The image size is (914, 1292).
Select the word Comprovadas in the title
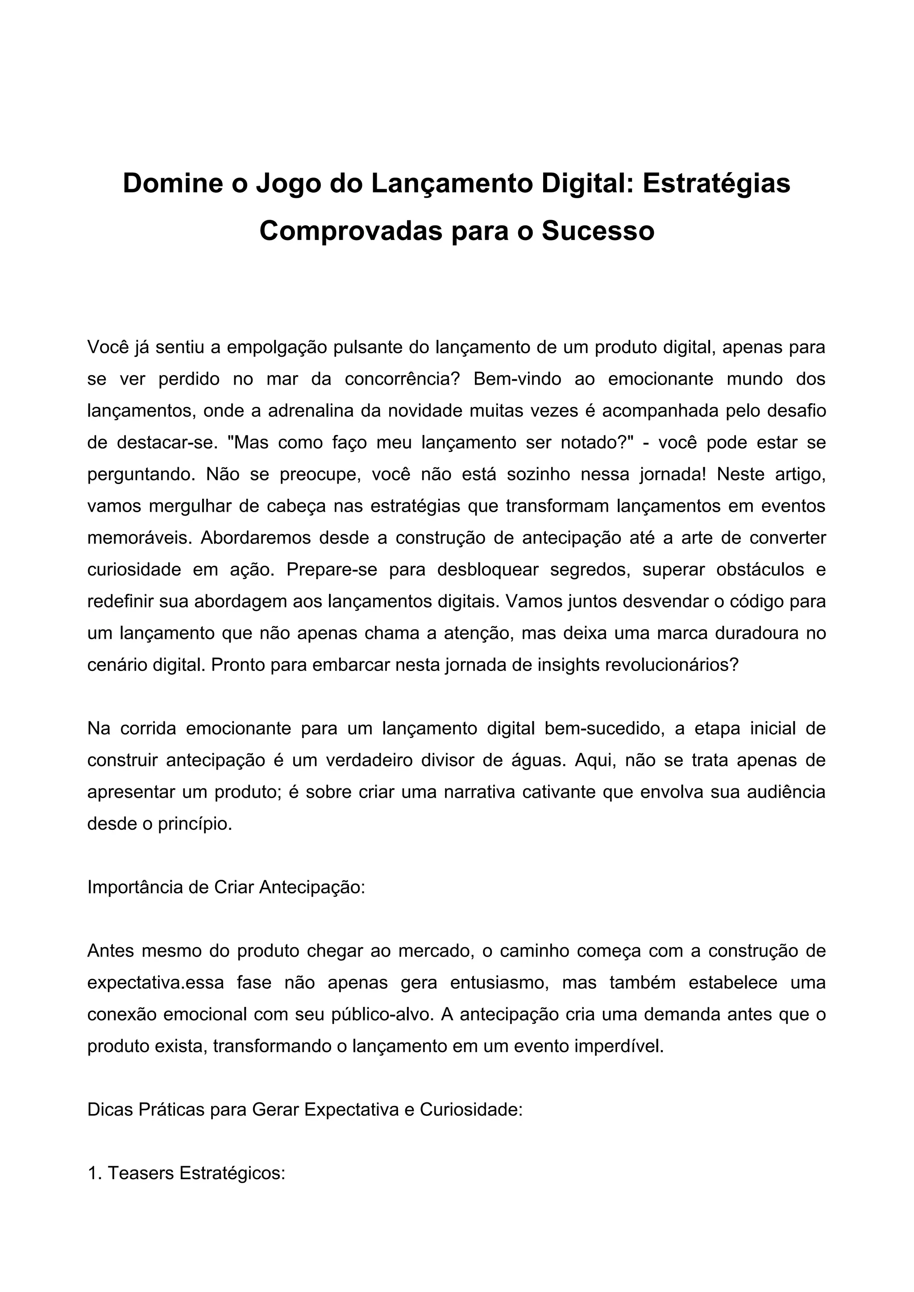[351, 231]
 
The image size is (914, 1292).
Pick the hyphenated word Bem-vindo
[517, 379]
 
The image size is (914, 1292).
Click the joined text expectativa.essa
[156, 982]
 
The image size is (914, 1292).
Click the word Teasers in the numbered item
[141, 1173]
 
